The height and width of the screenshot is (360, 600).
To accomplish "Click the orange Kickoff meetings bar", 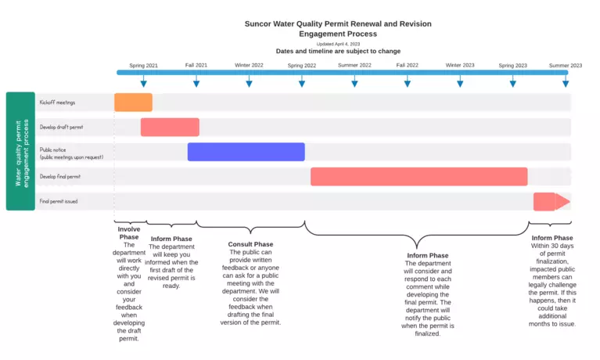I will [133, 102].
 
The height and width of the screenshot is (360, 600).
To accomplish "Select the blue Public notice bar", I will [246, 152].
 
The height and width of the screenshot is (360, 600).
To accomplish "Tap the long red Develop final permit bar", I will [419, 177].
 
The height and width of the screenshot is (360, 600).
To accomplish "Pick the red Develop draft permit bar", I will [170, 127].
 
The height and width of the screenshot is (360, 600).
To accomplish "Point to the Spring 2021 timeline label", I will [143, 65].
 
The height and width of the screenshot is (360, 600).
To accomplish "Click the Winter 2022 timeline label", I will [249, 65].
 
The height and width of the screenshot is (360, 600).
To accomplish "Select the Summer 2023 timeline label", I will [565, 65].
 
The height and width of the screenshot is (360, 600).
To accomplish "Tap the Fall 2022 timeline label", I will [407, 65].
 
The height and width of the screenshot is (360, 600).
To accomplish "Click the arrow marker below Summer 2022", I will [354, 82].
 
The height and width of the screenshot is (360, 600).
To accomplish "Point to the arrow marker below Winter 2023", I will [460, 82].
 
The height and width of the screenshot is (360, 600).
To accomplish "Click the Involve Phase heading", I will [129, 233].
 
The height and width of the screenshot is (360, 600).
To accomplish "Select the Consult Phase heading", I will [250, 244].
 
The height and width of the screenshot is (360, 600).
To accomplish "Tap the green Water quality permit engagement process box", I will [20, 151].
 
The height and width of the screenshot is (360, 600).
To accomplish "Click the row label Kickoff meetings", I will [57, 102].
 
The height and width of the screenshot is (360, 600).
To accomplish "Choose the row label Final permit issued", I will [59, 202].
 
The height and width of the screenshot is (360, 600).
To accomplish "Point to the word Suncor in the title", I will [260, 24].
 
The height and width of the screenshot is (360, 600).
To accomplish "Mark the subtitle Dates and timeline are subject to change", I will [337, 51].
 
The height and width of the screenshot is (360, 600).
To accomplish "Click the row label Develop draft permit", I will [61, 127].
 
